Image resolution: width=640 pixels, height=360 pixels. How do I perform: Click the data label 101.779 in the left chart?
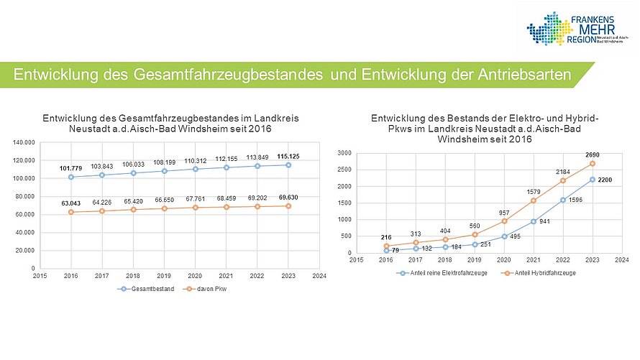point(70,168)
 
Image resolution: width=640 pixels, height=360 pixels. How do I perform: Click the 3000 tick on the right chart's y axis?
point(343,153)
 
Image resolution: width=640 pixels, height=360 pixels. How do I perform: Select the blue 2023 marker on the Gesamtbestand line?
point(288,165)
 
